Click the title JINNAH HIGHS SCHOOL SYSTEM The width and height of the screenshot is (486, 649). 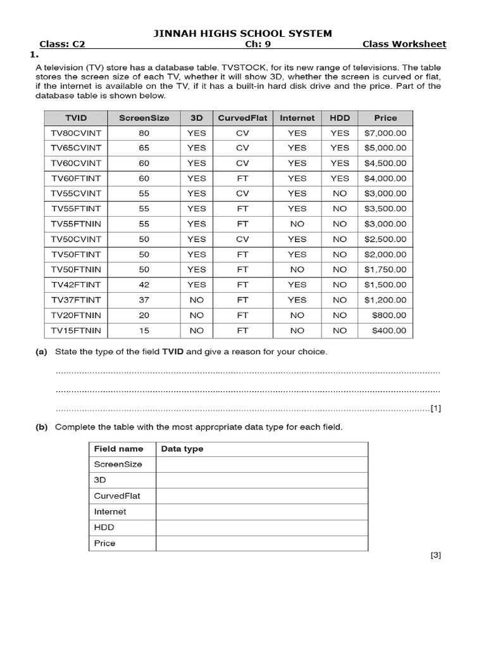point(243,33)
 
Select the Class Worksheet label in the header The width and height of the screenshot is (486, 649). point(404,44)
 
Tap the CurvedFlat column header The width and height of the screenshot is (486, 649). point(242,118)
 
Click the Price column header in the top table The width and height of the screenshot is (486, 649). point(385,118)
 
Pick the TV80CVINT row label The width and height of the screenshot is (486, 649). point(75,133)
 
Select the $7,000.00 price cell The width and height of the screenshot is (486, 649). point(385,133)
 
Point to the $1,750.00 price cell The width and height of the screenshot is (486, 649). point(385,269)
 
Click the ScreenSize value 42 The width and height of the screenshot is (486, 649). point(144,285)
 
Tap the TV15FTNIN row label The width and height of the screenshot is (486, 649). point(75,330)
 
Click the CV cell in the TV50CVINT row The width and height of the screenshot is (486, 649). point(242,239)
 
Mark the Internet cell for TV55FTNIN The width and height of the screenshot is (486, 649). point(297,224)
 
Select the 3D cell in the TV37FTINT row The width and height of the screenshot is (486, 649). point(197,300)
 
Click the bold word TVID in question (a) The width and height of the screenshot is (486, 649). point(173,352)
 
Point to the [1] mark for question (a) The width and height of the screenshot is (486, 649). point(435,409)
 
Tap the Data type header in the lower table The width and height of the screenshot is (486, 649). point(182,449)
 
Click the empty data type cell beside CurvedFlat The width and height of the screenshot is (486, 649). point(261,496)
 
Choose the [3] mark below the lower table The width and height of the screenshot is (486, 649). point(435,556)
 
